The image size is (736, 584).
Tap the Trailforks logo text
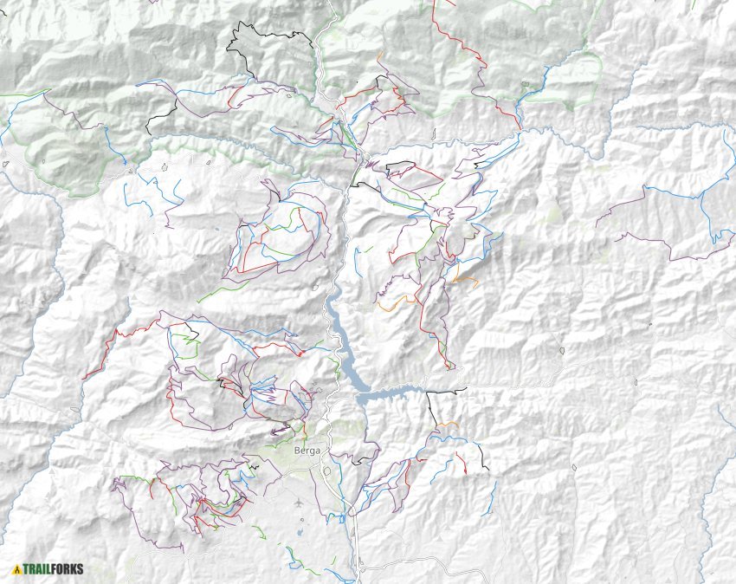point(54,570)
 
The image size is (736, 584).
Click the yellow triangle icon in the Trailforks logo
point(16,570)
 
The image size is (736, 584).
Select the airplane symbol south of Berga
point(300,503)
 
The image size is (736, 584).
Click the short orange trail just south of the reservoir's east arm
point(447,424)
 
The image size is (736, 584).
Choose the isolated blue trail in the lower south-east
point(493,497)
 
